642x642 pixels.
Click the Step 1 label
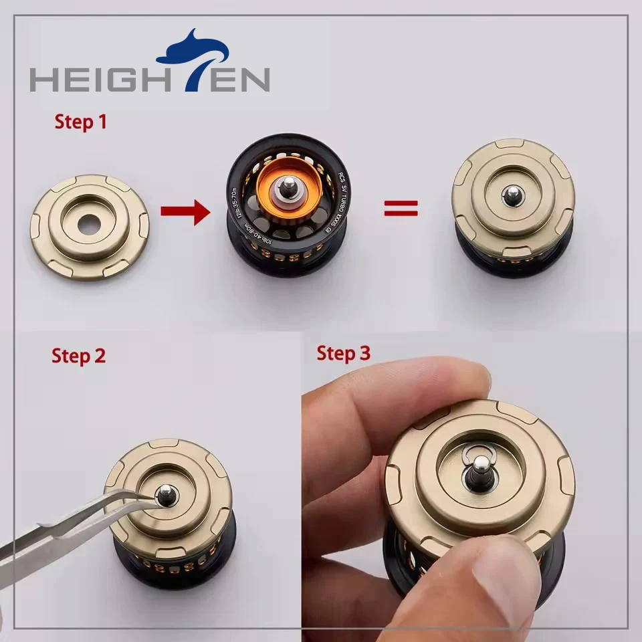pos(80,122)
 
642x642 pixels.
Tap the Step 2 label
pos(78,356)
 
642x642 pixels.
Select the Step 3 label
pos(343,353)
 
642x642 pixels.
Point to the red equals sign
pos(401,209)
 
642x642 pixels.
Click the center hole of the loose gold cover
pos(89,223)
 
